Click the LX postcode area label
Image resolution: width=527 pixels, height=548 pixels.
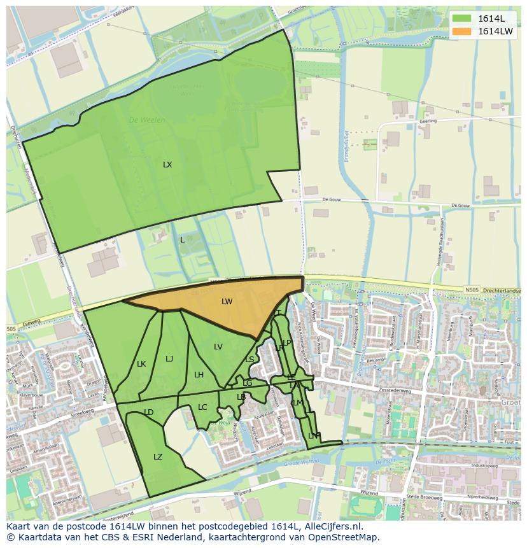point(167,165)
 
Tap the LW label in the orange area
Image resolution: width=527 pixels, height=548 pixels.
point(227,302)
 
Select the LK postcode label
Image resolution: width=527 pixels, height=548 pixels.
point(141,364)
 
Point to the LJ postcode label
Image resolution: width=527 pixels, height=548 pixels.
point(169,359)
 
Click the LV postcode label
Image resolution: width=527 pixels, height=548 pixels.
point(218,347)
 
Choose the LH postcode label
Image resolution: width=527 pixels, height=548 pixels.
point(199,375)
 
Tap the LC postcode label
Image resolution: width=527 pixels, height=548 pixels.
point(202,407)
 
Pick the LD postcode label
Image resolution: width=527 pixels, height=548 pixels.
point(148,412)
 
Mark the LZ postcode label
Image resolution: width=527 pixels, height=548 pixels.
point(158,457)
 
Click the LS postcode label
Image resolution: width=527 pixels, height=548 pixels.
point(249,360)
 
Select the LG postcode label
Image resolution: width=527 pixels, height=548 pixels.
point(247,383)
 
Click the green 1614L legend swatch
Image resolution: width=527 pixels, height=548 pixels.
point(461,18)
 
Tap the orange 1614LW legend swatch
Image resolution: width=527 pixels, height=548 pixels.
point(461,31)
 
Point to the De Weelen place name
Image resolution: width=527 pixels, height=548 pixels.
point(147,120)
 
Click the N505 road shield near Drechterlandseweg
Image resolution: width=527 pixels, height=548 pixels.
point(472,290)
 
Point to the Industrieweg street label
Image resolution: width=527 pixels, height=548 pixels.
point(484,466)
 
